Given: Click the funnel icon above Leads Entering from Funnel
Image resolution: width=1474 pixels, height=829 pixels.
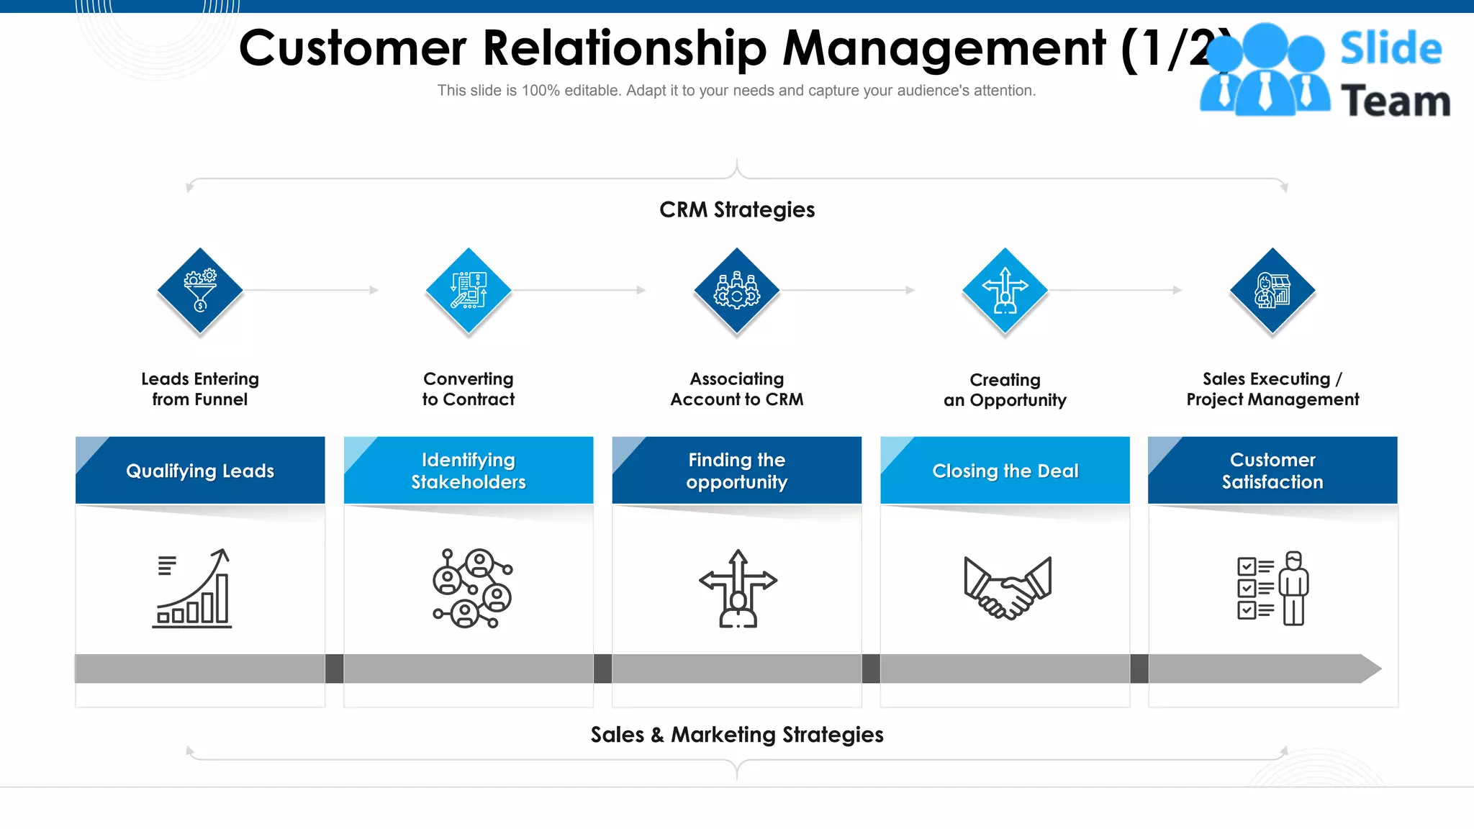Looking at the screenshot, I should [200, 290].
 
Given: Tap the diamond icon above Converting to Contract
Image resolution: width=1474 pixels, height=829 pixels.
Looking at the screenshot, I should [469, 290].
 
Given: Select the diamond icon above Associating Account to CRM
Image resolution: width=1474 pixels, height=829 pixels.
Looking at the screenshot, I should [736, 290].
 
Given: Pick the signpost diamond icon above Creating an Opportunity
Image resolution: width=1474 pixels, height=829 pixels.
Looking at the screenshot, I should [1005, 290].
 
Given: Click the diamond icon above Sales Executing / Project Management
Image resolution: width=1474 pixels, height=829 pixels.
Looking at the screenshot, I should [1272, 290].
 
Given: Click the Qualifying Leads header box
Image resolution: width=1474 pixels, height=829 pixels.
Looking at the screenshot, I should [200, 471].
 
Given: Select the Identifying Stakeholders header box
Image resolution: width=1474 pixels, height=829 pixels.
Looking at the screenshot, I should [469, 471].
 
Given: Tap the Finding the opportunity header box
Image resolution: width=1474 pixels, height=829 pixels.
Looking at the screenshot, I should [736, 471].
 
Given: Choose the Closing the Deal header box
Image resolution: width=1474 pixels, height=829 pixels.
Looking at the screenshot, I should [1005, 471].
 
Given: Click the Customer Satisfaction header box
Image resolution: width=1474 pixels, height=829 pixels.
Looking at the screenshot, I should [1272, 471].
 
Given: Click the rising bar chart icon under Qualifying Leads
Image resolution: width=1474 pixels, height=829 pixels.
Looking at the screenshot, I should [193, 589].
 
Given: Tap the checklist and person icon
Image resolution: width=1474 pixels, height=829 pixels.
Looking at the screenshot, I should [1272, 589].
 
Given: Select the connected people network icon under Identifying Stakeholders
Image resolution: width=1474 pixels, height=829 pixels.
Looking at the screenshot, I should [471, 589].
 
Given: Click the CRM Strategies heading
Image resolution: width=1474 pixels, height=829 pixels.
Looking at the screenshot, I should [737, 209].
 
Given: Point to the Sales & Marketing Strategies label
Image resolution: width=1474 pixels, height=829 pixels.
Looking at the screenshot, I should [737, 735].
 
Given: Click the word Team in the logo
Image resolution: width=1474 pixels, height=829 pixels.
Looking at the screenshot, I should [1395, 101].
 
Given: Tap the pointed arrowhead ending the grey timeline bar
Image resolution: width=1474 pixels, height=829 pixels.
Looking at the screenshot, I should [1370, 669].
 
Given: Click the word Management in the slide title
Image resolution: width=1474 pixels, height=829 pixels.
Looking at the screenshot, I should [944, 48].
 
